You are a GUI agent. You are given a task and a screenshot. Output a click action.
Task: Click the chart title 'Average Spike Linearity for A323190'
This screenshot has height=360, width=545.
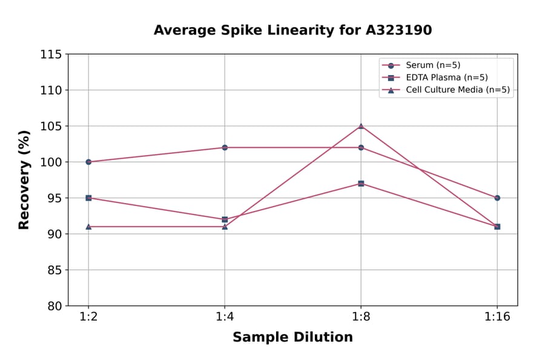point(292,30)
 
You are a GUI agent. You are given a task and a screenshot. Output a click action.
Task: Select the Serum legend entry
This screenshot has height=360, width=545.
point(429,65)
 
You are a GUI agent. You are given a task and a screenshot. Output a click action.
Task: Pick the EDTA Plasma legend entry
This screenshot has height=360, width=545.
point(446,78)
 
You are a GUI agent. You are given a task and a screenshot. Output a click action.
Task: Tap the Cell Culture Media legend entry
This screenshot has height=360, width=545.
point(457,90)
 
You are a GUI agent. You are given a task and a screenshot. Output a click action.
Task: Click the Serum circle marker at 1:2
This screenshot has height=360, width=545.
point(88,162)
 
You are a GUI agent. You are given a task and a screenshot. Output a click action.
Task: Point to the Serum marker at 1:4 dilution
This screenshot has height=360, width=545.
point(225,147)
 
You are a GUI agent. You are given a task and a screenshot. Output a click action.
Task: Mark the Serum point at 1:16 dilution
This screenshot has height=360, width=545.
point(497,198)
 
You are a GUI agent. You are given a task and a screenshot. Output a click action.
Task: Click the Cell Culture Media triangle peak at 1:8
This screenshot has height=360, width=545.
point(361,126)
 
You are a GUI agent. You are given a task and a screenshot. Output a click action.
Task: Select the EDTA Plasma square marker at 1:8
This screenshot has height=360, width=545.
point(361,184)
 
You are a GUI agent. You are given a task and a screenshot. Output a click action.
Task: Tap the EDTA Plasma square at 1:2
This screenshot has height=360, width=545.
point(88,198)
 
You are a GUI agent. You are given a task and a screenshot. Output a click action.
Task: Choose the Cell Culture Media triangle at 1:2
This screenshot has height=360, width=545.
point(88,227)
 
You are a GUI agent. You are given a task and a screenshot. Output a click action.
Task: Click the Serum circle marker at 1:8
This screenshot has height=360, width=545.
point(361,147)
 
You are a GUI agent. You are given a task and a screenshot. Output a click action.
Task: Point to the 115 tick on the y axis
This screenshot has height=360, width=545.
point(51,55)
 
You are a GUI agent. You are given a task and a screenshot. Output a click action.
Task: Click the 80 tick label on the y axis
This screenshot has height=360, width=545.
point(54,306)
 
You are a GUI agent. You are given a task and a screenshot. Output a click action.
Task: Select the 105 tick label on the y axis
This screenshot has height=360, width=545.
point(51,126)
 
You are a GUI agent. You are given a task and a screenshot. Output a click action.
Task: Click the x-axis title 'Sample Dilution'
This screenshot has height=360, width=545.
point(292,338)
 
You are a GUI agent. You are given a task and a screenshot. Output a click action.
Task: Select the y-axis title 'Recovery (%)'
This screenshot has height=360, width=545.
point(24,179)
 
